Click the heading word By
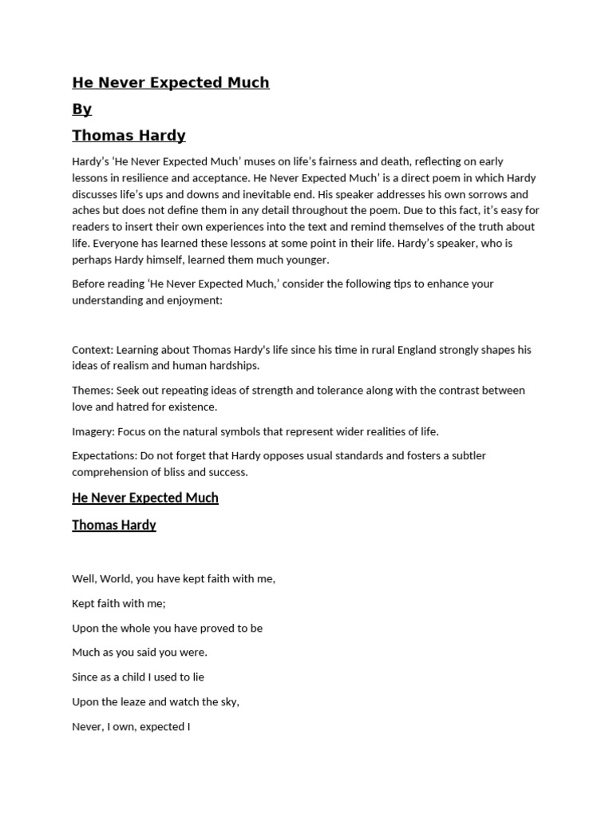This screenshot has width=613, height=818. pyautogui.click(x=81, y=109)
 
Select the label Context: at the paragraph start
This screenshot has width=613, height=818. pyautogui.click(x=93, y=350)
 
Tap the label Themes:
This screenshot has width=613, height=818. pyautogui.click(x=93, y=391)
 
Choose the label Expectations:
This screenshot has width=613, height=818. pyautogui.click(x=105, y=456)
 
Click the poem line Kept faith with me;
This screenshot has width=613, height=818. pyautogui.click(x=118, y=603)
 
